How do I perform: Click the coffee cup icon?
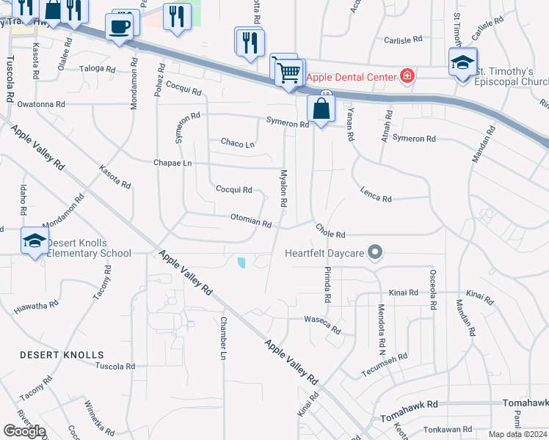click(120, 28)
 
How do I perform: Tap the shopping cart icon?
click(290, 73)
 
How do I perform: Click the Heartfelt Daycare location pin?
click(376, 253)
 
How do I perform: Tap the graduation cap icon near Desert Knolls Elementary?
click(34, 241)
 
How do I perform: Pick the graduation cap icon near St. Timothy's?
click(462, 63)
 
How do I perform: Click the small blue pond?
click(241, 262)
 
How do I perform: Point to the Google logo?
click(24, 431)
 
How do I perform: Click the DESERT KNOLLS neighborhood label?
click(62, 355)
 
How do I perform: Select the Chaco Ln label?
click(237, 143)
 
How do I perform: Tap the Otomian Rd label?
click(251, 219)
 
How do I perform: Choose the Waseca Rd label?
click(324, 324)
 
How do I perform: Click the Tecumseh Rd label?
click(384, 367)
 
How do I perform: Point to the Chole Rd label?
click(330, 231)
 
